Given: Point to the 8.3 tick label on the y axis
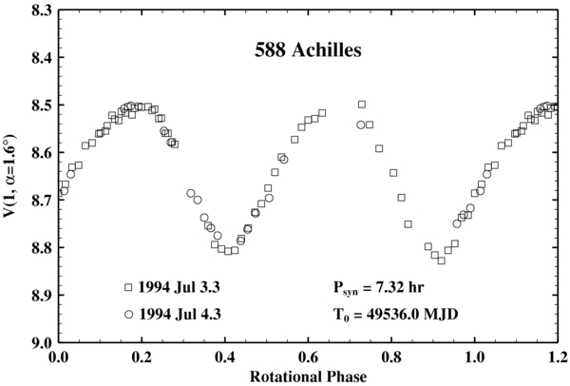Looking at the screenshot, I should [x=39, y=10].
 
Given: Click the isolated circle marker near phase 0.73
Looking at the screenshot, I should [x=361, y=125].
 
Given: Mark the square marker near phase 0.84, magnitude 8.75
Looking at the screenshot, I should [x=408, y=224].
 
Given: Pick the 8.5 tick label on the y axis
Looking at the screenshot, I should [x=39, y=106].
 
